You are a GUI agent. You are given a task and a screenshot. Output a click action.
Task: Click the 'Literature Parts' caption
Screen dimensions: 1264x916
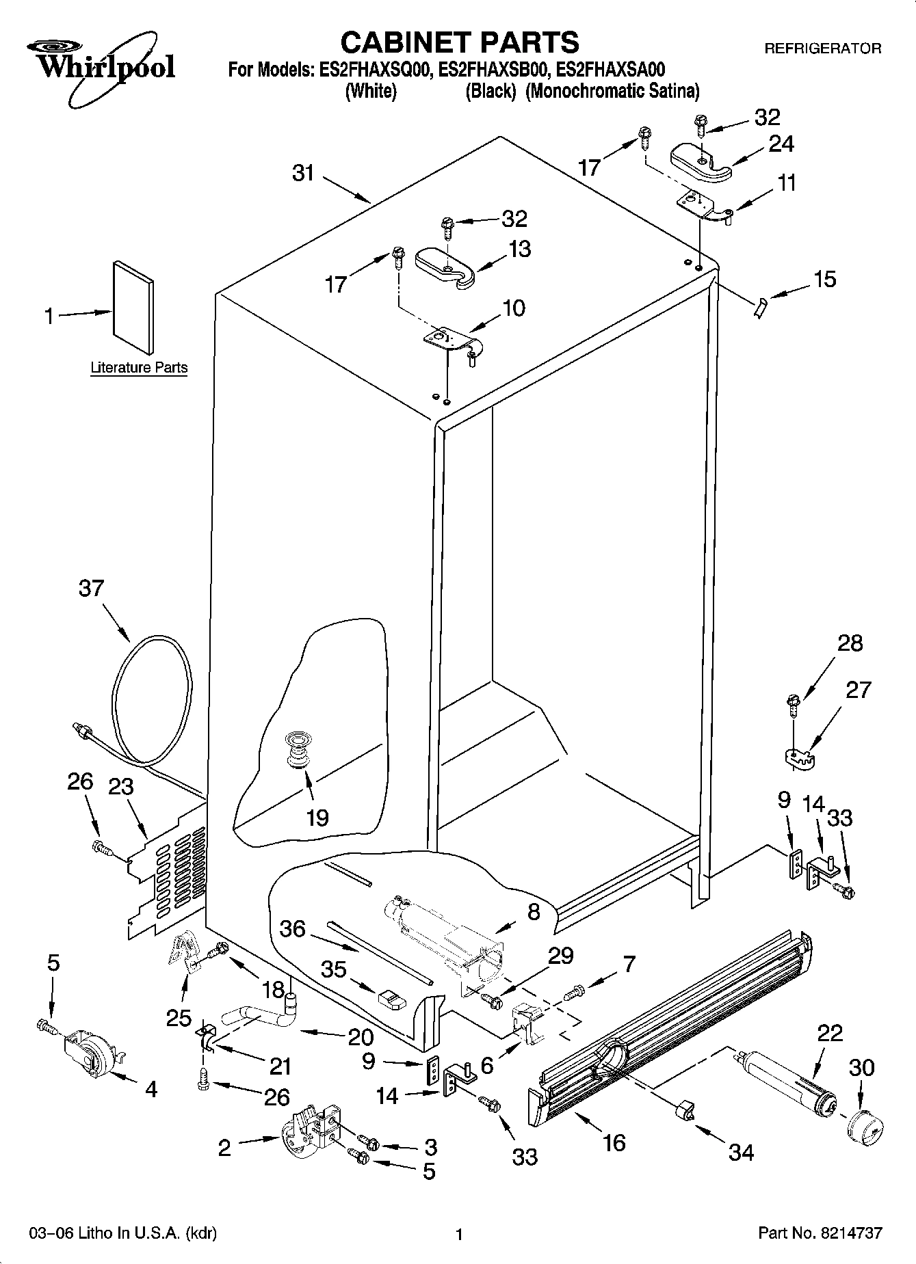coord(139,368)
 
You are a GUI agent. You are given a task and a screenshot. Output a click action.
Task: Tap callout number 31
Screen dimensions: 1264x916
coord(303,173)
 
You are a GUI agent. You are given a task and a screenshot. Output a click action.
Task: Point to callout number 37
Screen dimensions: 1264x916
coord(91,588)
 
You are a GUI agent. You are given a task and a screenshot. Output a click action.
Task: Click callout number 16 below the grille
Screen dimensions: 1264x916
coord(614,1142)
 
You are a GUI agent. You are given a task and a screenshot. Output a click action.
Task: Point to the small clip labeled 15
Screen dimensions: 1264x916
coord(760,308)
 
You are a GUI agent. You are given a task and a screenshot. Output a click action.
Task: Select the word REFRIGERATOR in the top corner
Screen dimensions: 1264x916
coord(822,49)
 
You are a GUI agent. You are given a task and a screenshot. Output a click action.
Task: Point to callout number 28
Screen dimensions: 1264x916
coord(850,643)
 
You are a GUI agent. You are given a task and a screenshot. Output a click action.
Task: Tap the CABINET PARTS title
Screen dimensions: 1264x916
coord(459,42)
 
